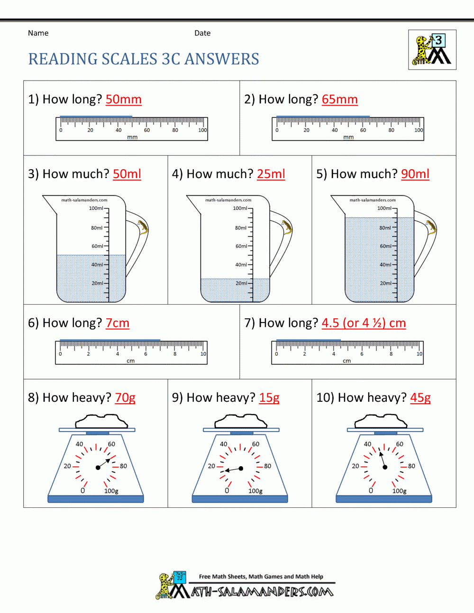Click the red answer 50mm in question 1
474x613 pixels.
123,99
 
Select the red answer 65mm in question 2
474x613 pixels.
339,99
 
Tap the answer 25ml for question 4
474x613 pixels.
271,174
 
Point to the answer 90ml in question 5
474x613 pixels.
415,174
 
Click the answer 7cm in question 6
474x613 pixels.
117,323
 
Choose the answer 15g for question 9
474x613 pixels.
269,398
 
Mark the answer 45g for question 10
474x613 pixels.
420,398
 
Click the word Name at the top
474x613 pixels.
38,33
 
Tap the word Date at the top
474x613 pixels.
202,33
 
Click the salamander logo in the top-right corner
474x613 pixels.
432,50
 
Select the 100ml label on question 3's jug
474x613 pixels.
96,208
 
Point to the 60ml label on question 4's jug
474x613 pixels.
241,246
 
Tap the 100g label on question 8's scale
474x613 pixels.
111,491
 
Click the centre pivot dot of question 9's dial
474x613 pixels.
241,469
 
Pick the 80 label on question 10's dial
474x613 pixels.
411,466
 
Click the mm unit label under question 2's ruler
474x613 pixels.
348,137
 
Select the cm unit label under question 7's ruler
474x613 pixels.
347,361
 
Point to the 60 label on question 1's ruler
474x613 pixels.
147,130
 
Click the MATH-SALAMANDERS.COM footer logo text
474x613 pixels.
262,592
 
